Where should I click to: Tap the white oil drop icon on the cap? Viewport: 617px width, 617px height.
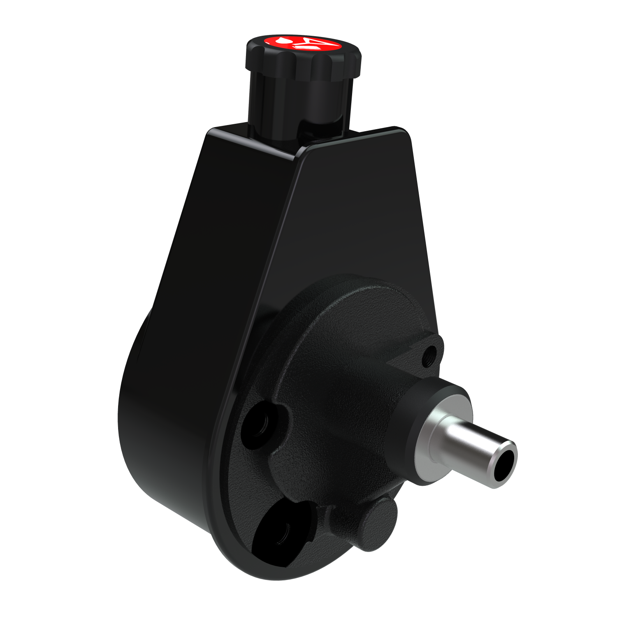click(x=283, y=41)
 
